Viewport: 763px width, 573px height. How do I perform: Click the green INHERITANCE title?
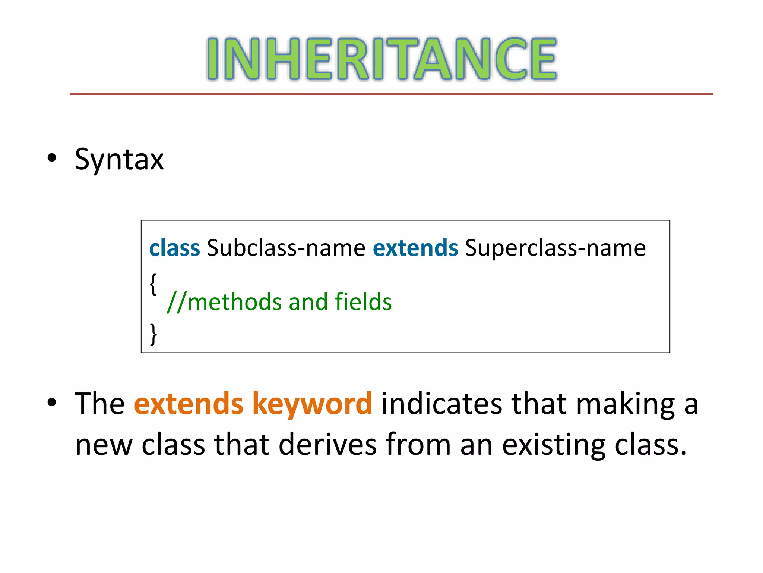pyautogui.click(x=381, y=59)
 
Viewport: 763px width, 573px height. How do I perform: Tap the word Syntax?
pyautogui.click(x=119, y=160)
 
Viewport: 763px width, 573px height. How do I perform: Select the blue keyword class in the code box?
pyautogui.click(x=174, y=248)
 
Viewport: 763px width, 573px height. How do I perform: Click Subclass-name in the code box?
pyautogui.click(x=286, y=248)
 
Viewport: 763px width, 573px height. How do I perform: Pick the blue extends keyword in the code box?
pyautogui.click(x=415, y=248)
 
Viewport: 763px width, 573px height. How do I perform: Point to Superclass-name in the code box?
pyautogui.click(x=555, y=248)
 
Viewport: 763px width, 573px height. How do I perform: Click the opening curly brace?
pyautogui.click(x=153, y=284)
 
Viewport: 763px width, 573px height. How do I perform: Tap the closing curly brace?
pyautogui.click(x=153, y=334)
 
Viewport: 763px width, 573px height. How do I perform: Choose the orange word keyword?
pyautogui.click(x=312, y=404)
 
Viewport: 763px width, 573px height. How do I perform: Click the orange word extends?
pyautogui.click(x=189, y=404)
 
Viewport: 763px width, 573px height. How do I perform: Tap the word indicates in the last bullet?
pyautogui.click(x=441, y=404)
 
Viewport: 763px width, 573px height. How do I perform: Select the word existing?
pyautogui.click(x=554, y=445)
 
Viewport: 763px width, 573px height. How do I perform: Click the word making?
pyautogui.click(x=626, y=404)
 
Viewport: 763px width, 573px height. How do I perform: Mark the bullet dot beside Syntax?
pyautogui.click(x=52, y=158)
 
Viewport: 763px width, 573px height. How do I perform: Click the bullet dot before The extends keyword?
pyautogui.click(x=52, y=402)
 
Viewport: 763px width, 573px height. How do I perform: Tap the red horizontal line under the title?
pyautogui.click(x=391, y=94)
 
